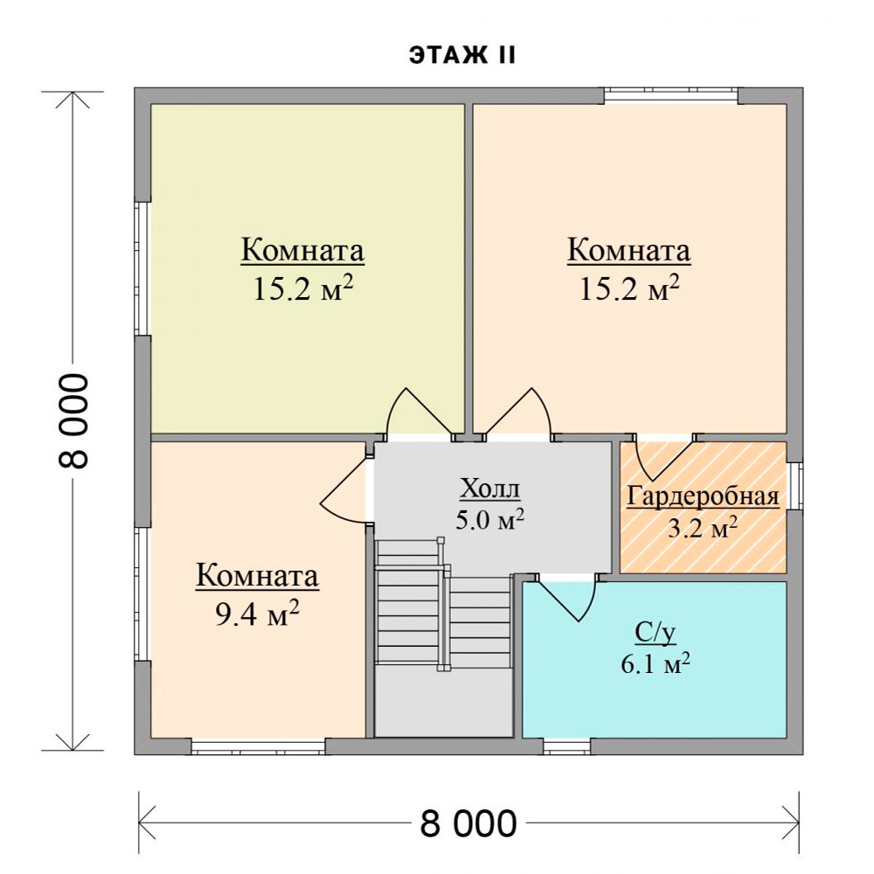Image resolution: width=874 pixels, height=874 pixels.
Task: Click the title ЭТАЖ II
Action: (462, 56)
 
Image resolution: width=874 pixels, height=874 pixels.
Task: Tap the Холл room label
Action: (490, 489)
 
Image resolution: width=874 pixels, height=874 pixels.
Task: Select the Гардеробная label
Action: (703, 496)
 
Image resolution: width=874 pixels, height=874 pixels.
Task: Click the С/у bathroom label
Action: (655, 633)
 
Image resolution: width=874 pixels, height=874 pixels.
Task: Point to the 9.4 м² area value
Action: (258, 614)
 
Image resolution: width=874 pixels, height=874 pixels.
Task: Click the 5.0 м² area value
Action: (490, 519)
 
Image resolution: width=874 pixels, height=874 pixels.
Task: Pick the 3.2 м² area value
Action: (703, 528)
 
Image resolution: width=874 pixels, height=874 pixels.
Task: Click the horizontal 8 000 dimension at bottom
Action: (468, 823)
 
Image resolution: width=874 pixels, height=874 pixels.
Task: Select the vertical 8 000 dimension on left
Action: (73, 421)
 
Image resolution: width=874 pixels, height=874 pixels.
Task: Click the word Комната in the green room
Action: (302, 250)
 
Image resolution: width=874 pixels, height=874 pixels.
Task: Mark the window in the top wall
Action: (671, 96)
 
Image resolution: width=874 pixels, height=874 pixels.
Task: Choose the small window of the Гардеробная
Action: (794, 486)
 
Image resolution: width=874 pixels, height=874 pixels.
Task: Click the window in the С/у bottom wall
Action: (567, 746)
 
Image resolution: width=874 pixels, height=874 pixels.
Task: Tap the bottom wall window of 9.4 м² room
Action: (258, 746)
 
